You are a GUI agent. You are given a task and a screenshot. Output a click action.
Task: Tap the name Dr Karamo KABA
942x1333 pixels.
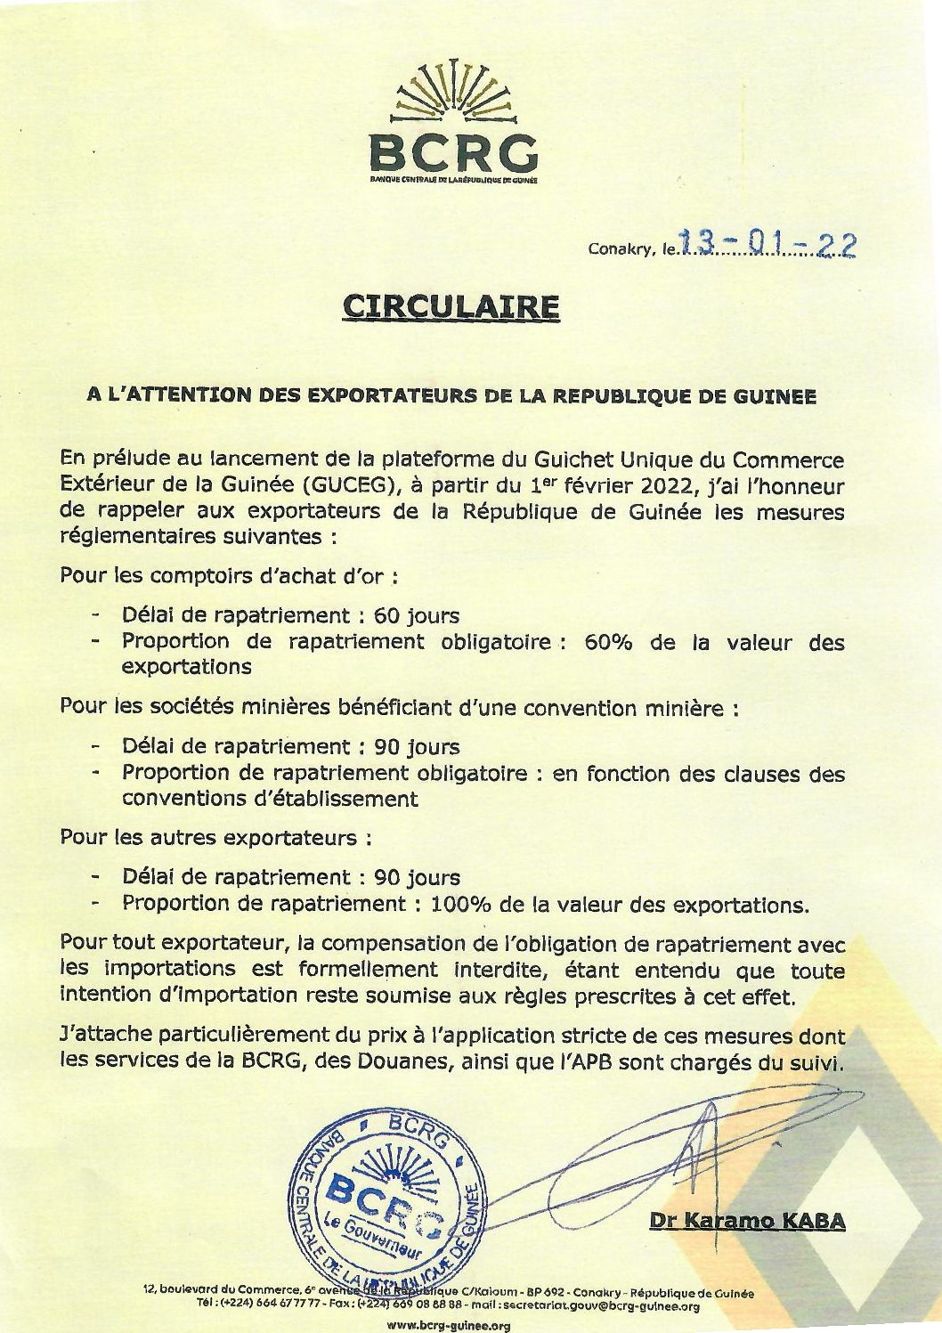747,1221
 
